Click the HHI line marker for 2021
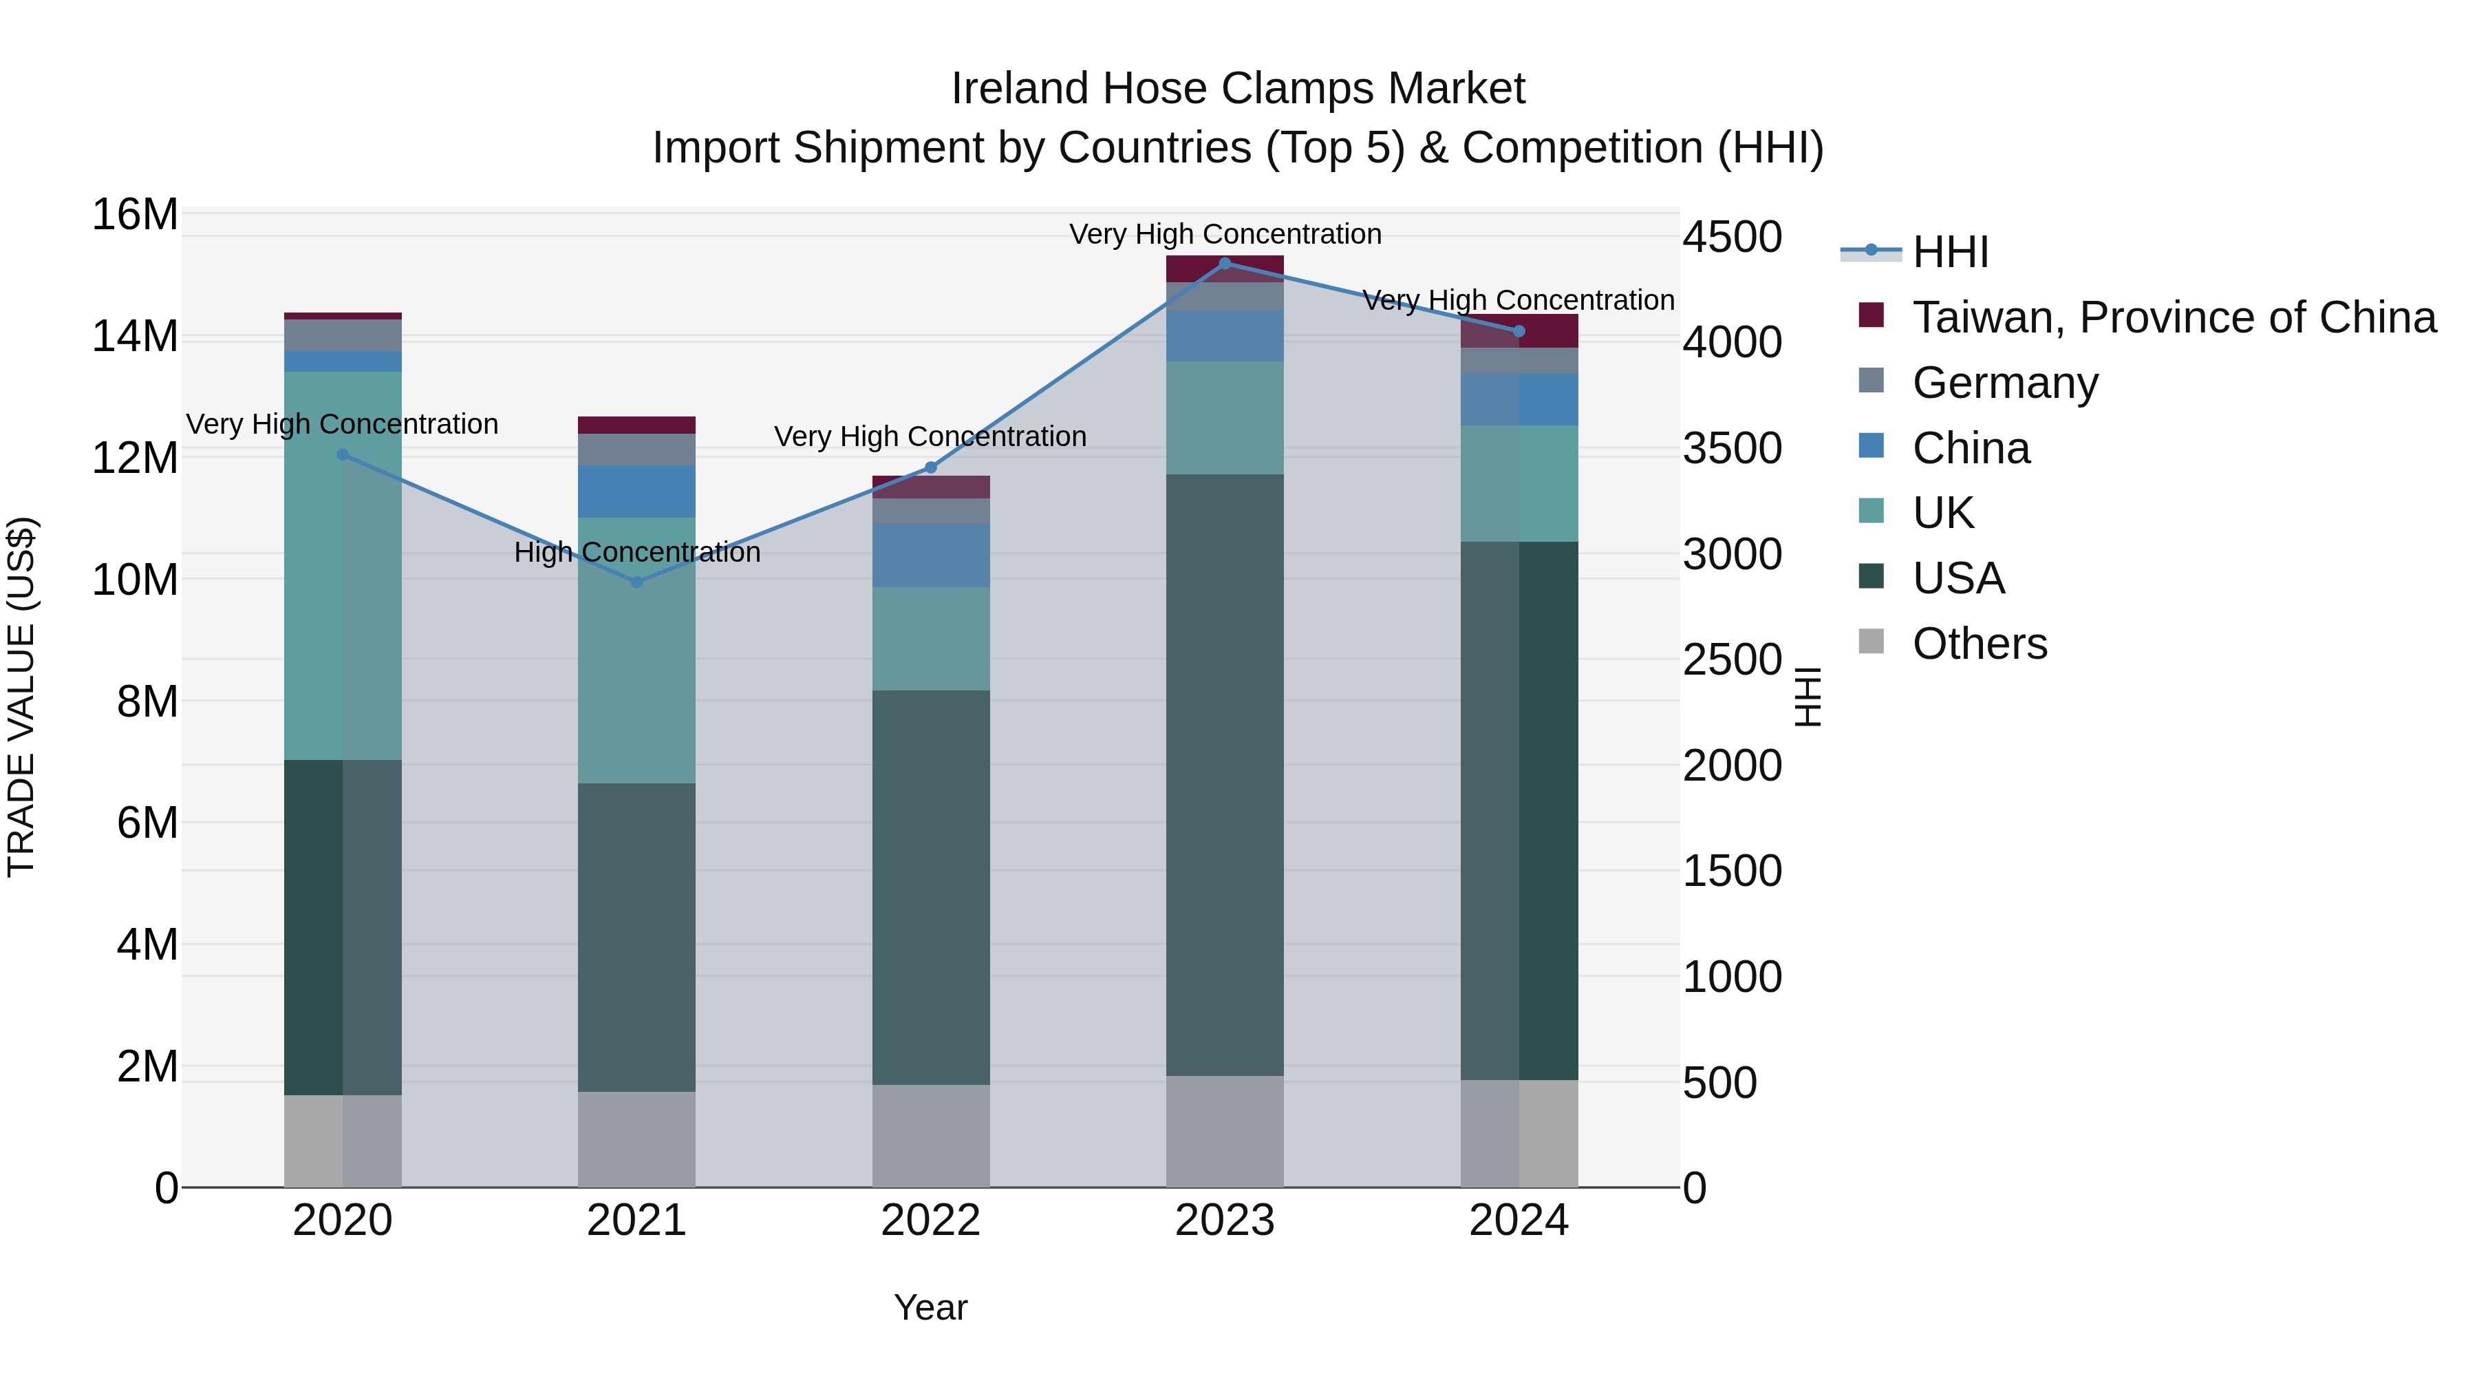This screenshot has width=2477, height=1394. [636, 582]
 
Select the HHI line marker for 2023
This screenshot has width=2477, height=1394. [1225, 263]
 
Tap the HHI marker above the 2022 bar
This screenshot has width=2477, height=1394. [931, 467]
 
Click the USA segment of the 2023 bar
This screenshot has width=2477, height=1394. [1225, 774]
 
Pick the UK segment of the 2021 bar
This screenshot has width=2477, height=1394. [636, 651]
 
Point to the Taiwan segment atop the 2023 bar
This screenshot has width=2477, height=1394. [1225, 268]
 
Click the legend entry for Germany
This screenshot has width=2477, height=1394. [2005, 383]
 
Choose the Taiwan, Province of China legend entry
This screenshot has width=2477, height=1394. [2173, 317]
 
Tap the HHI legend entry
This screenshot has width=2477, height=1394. [1949, 252]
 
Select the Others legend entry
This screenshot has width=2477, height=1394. [1979, 644]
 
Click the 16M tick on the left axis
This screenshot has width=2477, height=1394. [135, 215]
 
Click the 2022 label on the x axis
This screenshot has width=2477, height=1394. [931, 1221]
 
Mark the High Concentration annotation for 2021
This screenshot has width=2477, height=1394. [636, 552]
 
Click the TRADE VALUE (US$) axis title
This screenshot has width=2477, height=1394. [21, 697]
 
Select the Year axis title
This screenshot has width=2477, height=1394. [931, 1307]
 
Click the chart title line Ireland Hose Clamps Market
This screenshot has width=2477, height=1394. [1238, 89]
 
